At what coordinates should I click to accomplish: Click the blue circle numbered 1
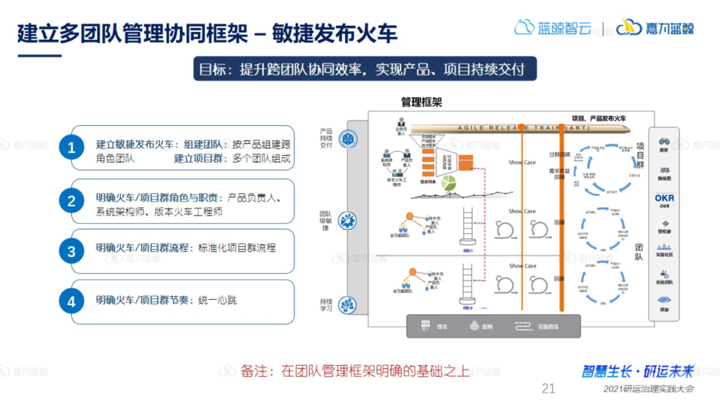(x=72, y=148)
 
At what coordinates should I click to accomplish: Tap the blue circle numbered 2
(x=72, y=201)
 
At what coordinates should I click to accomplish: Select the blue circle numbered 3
(x=72, y=251)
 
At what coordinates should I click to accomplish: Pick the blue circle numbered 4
(x=72, y=301)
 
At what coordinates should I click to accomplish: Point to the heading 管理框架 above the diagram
(x=421, y=102)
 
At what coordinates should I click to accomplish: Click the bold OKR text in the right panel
(x=664, y=199)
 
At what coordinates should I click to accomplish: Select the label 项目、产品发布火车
(x=599, y=119)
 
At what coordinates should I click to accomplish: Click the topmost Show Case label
(x=522, y=163)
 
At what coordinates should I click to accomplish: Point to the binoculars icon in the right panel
(x=664, y=141)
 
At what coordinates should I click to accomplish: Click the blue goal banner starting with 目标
(x=365, y=69)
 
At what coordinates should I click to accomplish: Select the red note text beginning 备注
(x=355, y=371)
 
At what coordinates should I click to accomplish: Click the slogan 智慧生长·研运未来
(x=638, y=371)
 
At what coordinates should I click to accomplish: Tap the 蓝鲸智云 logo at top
(x=553, y=28)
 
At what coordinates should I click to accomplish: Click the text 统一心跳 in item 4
(x=217, y=300)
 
